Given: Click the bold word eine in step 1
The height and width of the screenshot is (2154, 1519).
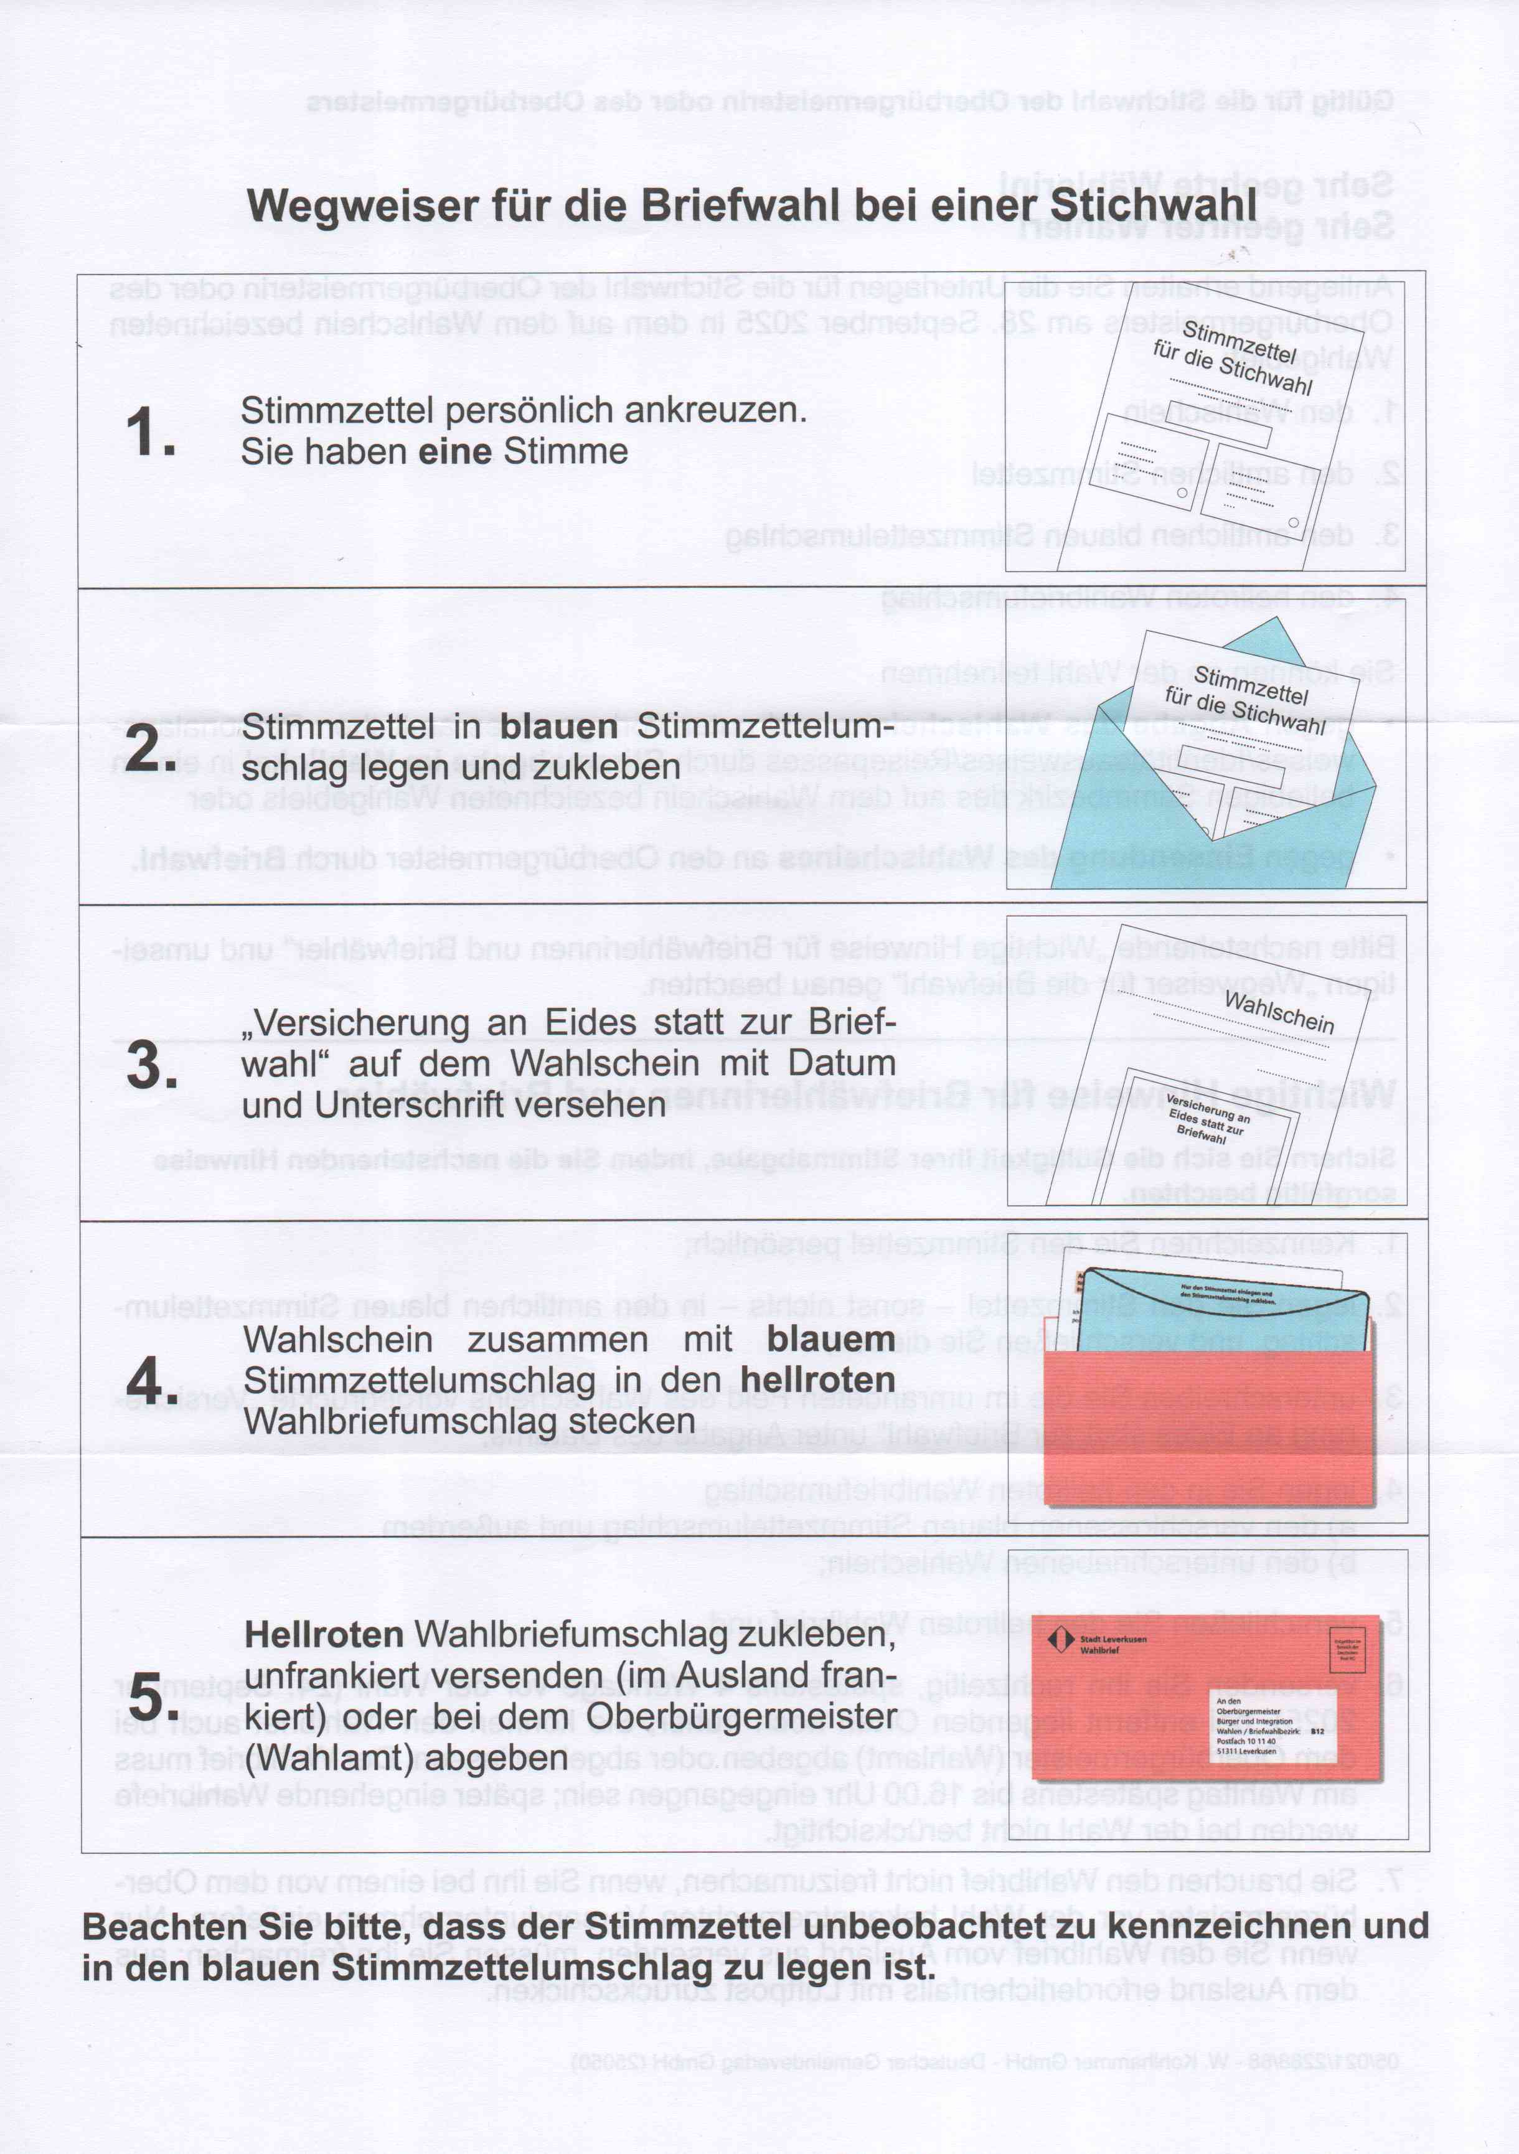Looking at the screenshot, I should (455, 451).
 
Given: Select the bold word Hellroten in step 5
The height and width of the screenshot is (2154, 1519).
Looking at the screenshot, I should (324, 1634).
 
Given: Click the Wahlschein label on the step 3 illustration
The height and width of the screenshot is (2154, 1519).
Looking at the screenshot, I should (1279, 1012).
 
